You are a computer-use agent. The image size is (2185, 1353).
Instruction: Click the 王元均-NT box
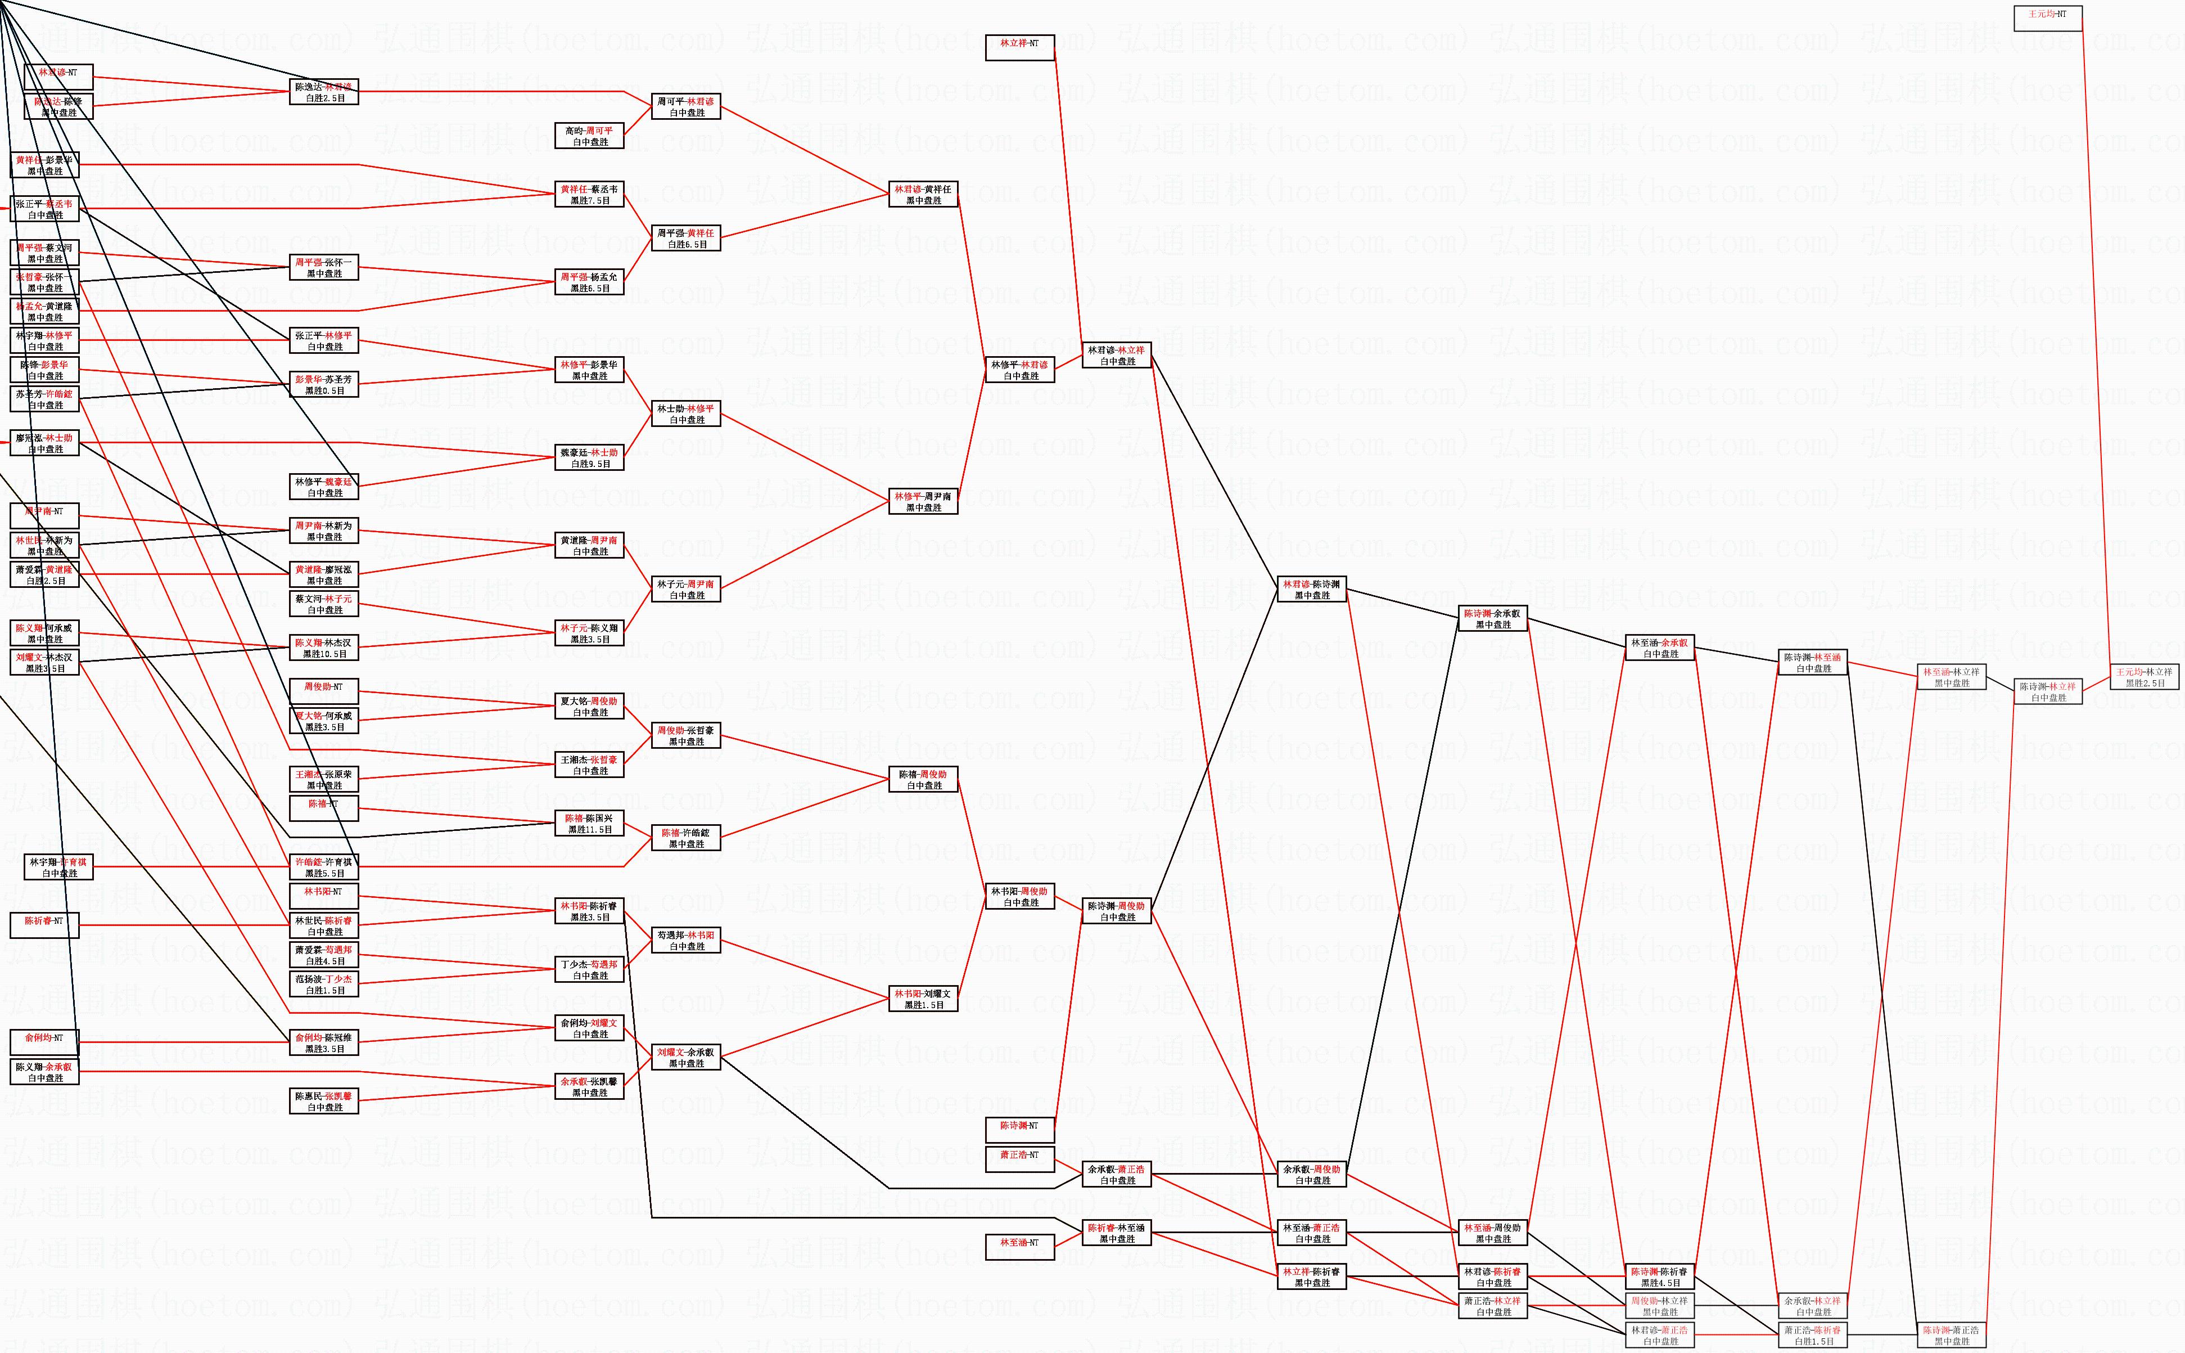coord(2047,18)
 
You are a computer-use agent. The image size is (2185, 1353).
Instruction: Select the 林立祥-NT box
coord(1019,47)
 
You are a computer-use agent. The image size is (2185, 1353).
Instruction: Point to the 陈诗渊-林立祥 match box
coord(2047,692)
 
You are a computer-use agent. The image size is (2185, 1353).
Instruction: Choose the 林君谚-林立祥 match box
coord(1116,355)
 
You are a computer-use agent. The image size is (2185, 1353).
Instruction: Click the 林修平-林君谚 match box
coord(1019,370)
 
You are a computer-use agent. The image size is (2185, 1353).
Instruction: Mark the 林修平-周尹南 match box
coord(923,501)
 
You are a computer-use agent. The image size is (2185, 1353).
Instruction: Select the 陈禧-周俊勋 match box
coord(923,779)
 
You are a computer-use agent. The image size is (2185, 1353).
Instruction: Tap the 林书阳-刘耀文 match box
coord(923,999)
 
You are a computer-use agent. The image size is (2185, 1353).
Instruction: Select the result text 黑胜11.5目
coord(590,829)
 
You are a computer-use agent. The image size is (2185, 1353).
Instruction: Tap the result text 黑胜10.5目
coord(324,654)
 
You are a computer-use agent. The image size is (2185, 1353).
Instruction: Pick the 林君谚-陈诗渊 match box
coord(1312,589)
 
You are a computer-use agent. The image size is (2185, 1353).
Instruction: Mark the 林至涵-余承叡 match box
coord(1659,648)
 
